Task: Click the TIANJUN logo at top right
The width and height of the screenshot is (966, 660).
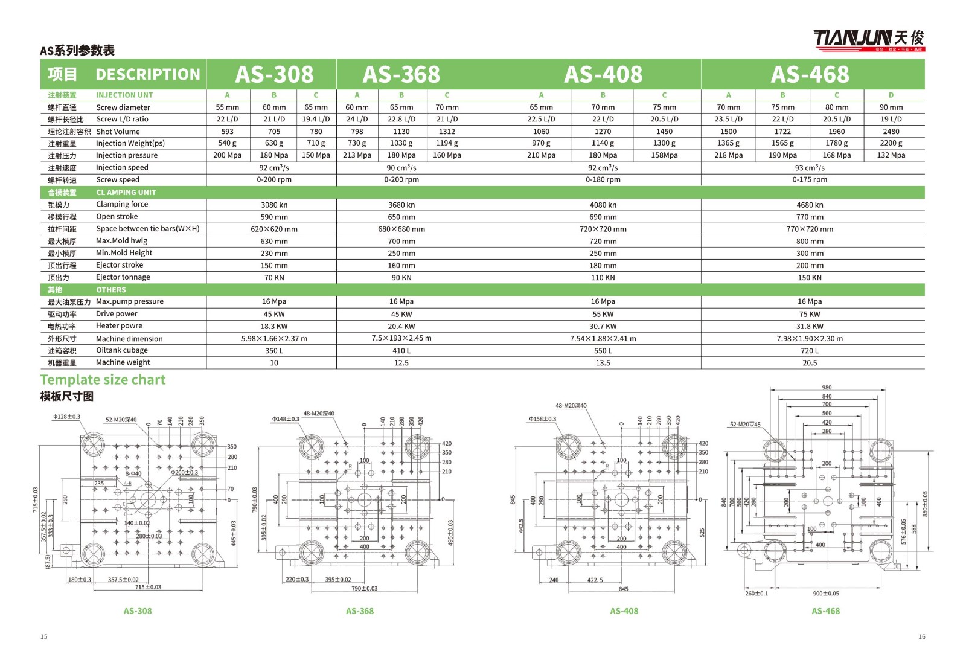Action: pyautogui.click(x=868, y=39)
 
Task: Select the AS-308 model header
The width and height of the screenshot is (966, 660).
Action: pyautogui.click(x=274, y=74)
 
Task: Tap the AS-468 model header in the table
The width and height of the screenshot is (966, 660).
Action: pyautogui.click(x=810, y=74)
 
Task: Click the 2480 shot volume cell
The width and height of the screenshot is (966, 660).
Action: pyautogui.click(x=891, y=131)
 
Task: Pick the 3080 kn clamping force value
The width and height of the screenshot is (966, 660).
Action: pyautogui.click(x=274, y=205)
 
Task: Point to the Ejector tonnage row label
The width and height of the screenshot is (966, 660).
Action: pyautogui.click(x=123, y=277)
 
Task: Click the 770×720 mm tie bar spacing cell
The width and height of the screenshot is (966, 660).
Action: pyautogui.click(x=809, y=229)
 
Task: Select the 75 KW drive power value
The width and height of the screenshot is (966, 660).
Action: pyautogui.click(x=809, y=314)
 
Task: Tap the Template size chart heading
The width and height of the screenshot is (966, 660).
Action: pyautogui.click(x=103, y=380)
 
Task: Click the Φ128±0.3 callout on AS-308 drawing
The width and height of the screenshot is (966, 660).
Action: pyautogui.click(x=66, y=417)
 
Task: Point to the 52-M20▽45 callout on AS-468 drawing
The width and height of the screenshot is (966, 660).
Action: pyautogui.click(x=745, y=424)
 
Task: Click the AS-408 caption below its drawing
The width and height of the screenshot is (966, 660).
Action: pyautogui.click(x=624, y=611)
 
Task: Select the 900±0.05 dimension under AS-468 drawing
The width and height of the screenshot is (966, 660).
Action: pyautogui.click(x=825, y=593)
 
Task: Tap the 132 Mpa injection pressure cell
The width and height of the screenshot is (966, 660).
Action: pyautogui.click(x=891, y=155)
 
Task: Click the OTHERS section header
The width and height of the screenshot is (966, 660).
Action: pyautogui.click(x=111, y=290)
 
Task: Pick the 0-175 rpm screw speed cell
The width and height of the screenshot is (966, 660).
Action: pyautogui.click(x=809, y=179)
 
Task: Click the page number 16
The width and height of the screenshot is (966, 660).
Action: pyautogui.click(x=921, y=636)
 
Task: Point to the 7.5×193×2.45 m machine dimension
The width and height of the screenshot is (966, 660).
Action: pyautogui.click(x=401, y=338)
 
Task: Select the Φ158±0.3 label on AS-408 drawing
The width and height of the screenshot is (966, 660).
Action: pyautogui.click(x=542, y=418)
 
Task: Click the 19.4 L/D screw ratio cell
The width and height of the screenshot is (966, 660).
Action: pyautogui.click(x=316, y=119)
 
